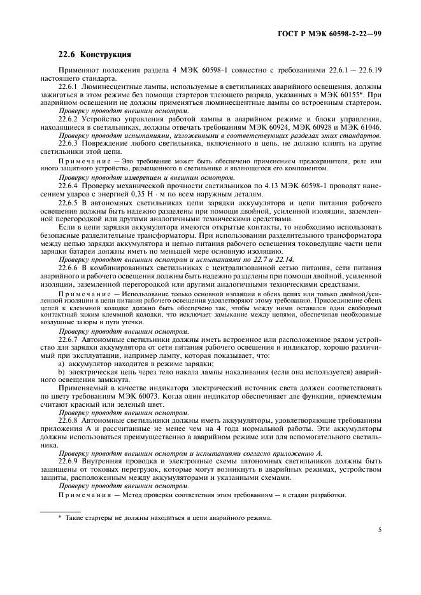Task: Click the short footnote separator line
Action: pyautogui.click(x=61, y=510)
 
